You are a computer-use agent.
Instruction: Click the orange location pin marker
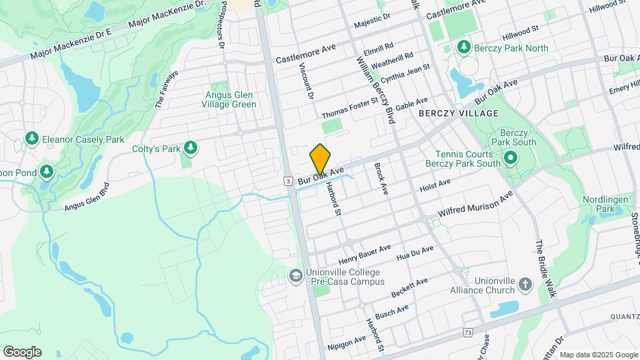pos(320,159)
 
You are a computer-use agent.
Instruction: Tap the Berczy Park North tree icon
pos(463,48)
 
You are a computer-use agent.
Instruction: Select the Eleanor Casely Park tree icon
pos(31,139)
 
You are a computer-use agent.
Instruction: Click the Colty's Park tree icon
pos(190,147)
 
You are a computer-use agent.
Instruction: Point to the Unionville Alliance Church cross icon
pos(525,285)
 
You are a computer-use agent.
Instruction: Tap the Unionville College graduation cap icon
pos(295,275)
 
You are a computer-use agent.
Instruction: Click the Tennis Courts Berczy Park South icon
pos(511,158)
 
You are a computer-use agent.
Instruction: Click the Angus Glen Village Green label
pos(230,99)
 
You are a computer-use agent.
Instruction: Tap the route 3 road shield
pos(287,181)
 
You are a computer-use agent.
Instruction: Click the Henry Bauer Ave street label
pos(365,254)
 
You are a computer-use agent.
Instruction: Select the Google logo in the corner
pos(22,352)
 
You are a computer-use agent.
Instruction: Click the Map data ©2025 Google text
pos(598,355)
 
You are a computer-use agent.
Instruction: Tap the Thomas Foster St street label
pos(350,107)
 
